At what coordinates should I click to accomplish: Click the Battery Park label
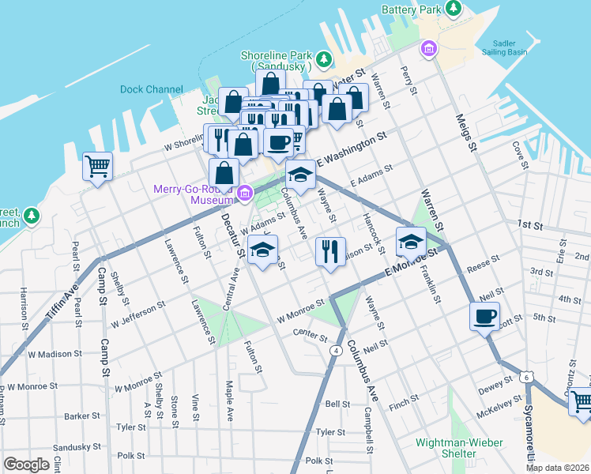[409, 9]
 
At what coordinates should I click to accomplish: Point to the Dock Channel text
[152, 89]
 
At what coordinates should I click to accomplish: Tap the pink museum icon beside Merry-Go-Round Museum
[245, 193]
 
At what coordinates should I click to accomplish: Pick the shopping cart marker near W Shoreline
[98, 167]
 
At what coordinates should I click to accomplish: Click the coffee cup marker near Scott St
[484, 317]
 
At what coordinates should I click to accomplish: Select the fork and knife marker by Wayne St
[329, 251]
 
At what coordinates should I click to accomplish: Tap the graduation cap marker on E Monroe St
[411, 241]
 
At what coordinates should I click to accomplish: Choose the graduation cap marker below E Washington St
[300, 175]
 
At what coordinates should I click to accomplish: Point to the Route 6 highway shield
[525, 378]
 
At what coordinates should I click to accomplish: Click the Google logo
[26, 464]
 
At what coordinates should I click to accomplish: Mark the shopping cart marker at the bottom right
[581, 401]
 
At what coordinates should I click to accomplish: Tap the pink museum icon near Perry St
[428, 49]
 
